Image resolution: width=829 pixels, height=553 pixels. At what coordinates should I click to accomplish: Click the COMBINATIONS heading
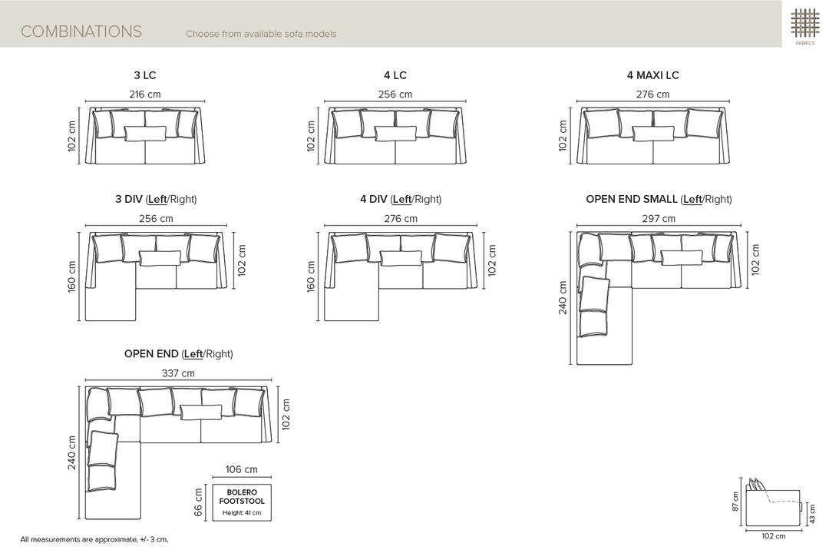(x=81, y=31)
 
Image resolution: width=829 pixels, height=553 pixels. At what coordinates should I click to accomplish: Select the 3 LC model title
(x=145, y=75)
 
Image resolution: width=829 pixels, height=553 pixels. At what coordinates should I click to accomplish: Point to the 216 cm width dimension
(x=145, y=94)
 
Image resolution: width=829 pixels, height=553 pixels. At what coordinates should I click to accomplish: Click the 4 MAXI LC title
(x=652, y=75)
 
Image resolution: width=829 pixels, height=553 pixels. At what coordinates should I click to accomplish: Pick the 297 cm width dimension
(x=659, y=219)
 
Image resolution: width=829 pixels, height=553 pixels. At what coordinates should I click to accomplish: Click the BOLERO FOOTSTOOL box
(x=242, y=502)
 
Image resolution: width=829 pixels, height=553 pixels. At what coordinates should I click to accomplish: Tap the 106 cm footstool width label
(x=241, y=469)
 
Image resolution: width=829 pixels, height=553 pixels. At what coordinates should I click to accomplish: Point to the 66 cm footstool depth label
(x=198, y=502)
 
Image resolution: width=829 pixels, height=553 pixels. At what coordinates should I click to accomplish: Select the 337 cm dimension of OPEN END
(x=178, y=373)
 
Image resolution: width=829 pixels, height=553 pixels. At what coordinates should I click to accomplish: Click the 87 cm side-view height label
(x=735, y=501)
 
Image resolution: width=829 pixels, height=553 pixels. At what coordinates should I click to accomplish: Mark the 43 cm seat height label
(x=812, y=513)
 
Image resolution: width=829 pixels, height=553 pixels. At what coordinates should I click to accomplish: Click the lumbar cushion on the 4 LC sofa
(x=395, y=134)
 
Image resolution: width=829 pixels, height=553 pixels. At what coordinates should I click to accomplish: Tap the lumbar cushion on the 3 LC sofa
(x=145, y=134)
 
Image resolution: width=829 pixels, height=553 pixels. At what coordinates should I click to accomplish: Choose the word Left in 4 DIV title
(x=401, y=200)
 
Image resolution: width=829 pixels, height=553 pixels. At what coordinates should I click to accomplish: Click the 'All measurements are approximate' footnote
(x=94, y=540)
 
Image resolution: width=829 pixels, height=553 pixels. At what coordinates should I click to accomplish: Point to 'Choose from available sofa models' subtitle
(x=261, y=34)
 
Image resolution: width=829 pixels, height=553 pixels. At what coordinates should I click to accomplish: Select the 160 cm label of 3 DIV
(x=72, y=276)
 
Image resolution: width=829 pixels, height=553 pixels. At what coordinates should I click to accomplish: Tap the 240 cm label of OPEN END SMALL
(x=563, y=297)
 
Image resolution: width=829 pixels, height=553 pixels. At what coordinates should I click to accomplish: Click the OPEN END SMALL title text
(x=631, y=200)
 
